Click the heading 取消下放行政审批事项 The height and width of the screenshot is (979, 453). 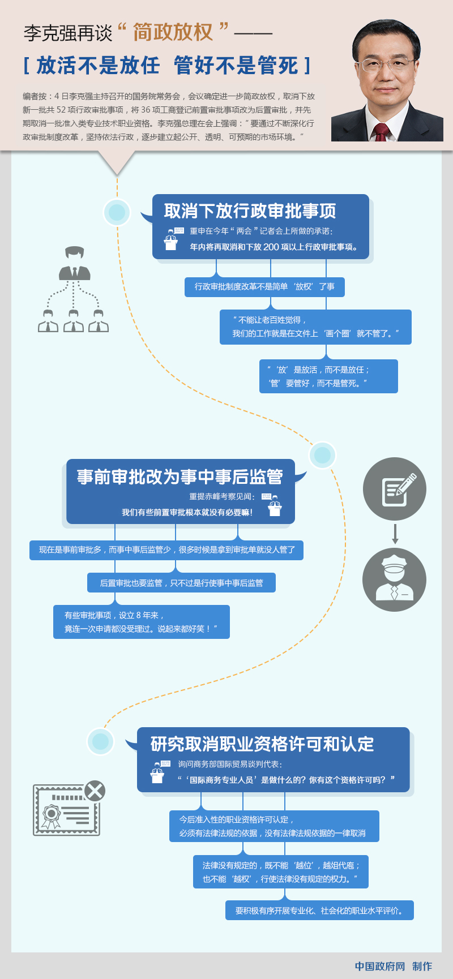pos(250,211)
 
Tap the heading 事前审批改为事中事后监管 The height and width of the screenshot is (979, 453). pos(180,477)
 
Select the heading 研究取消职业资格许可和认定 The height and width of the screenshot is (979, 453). pos(262,744)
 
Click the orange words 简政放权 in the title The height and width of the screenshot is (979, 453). pos(173,32)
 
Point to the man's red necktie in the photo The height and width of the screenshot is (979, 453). pos(382,132)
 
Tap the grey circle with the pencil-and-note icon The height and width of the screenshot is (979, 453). pos(395,489)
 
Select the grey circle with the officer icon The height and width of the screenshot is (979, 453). pos(395,579)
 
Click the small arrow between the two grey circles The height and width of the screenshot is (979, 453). pos(395,534)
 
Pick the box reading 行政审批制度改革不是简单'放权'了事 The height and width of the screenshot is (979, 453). pos(264,287)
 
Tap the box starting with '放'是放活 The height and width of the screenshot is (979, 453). pos(328,376)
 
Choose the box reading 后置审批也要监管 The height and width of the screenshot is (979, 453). pos(181,583)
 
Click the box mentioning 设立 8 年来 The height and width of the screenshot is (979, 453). pos(142,622)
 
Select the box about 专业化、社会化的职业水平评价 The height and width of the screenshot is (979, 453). pos(319,911)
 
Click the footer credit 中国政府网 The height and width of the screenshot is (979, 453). pos(380,966)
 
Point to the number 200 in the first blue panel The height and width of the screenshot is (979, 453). pos(271,247)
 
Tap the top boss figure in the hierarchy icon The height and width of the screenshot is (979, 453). pos(74,264)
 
